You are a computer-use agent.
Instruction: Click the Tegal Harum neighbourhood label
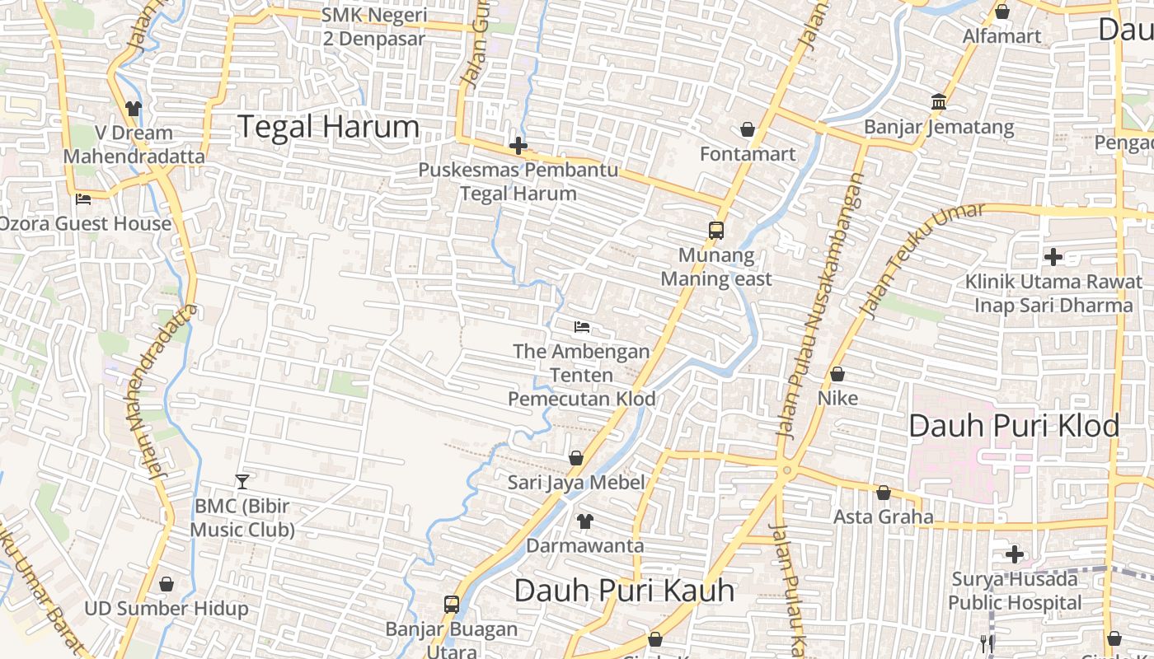(x=328, y=127)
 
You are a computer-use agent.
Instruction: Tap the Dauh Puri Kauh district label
(x=624, y=590)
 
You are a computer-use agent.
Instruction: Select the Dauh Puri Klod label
(x=1014, y=426)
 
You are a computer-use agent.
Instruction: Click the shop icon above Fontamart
(x=748, y=129)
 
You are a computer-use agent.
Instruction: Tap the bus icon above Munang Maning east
(x=716, y=231)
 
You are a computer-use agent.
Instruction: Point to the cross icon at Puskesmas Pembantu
(x=518, y=147)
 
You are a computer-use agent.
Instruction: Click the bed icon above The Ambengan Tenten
(x=582, y=327)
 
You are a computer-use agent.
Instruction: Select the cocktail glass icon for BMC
(x=242, y=481)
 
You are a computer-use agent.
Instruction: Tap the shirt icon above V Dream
(x=134, y=108)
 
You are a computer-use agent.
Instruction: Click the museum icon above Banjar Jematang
(x=938, y=102)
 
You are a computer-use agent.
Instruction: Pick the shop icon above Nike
(x=837, y=374)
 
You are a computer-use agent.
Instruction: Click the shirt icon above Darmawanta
(x=584, y=521)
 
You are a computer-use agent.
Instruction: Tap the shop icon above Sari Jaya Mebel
(x=575, y=458)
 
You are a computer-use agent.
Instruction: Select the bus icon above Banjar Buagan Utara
(x=452, y=604)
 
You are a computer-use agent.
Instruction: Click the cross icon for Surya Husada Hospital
(x=1015, y=554)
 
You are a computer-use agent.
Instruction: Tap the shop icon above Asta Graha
(x=884, y=493)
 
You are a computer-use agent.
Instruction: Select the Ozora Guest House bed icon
(x=83, y=199)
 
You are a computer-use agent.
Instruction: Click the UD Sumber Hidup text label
(x=167, y=609)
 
